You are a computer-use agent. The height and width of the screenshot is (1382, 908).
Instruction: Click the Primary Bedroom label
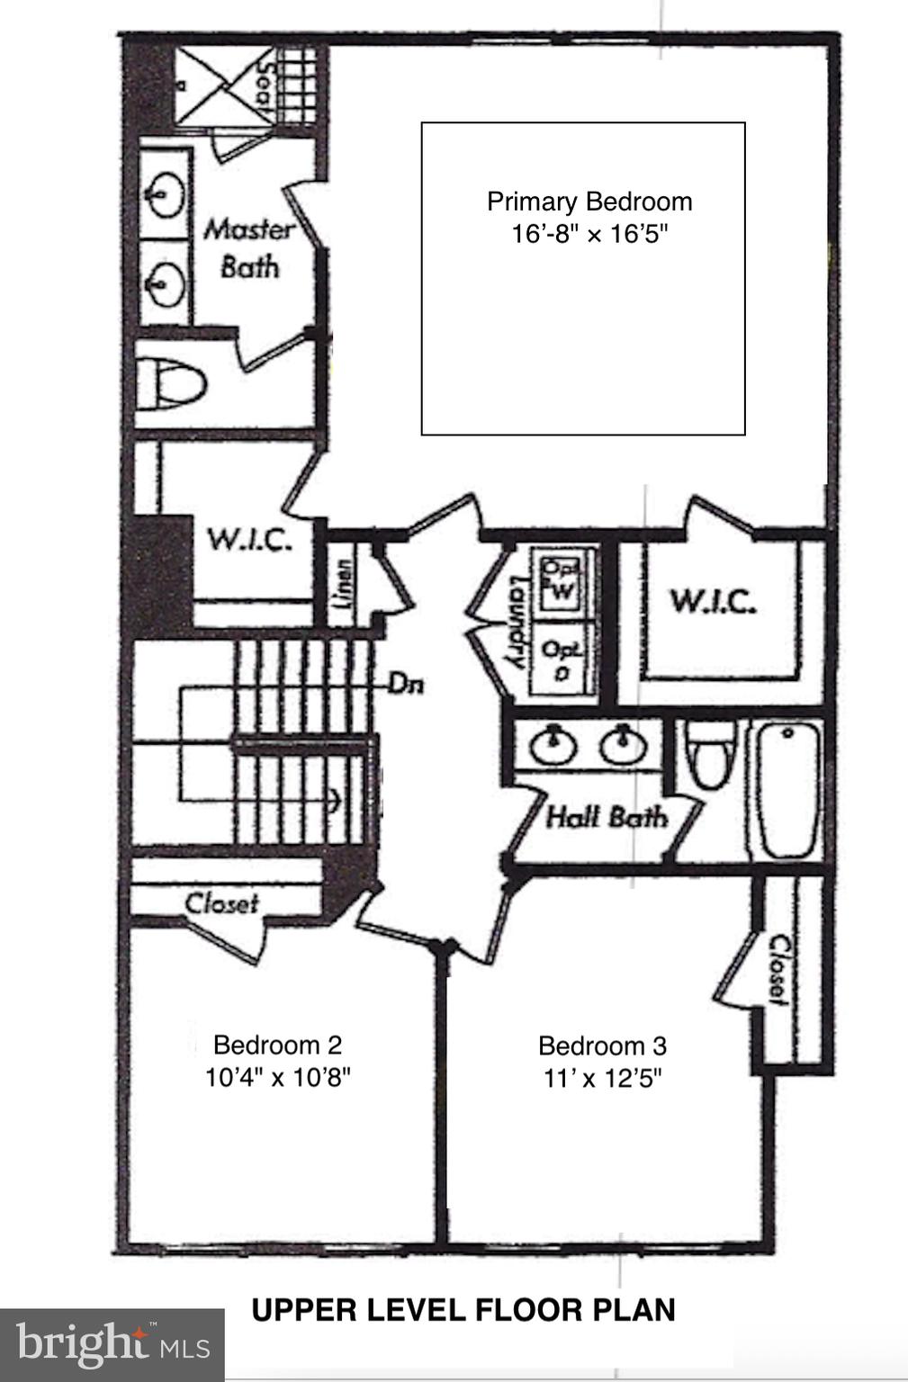589,202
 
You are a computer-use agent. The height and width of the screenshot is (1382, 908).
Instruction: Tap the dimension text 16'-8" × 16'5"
589,235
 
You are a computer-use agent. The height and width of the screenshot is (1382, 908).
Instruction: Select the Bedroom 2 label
277,1045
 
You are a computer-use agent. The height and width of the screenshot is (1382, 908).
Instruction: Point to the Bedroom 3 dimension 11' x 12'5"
602,1078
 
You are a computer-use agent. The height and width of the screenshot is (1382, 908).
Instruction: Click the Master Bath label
249,247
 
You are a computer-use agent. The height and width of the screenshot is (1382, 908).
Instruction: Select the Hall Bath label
607,818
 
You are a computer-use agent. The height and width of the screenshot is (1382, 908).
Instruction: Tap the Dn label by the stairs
406,684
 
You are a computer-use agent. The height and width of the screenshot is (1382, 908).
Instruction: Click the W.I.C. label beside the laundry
712,601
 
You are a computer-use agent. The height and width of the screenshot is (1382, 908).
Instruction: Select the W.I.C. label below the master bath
249,540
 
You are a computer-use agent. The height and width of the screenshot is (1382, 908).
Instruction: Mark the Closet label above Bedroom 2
222,902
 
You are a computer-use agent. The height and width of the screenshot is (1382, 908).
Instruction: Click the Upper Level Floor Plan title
463,1310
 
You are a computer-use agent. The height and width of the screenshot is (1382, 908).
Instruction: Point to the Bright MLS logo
112,1344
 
